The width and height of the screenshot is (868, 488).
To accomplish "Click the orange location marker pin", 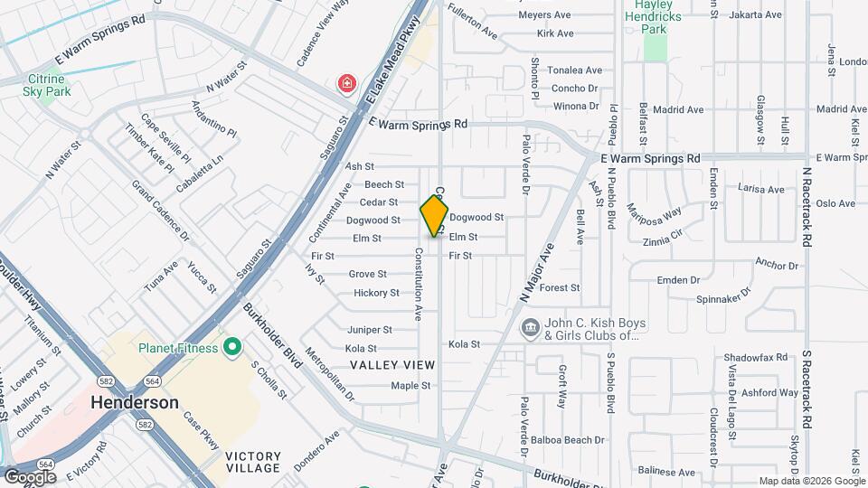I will [435, 215].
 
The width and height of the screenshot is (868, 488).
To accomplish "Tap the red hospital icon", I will [346, 85].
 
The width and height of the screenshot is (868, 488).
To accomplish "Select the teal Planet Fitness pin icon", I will [232, 347].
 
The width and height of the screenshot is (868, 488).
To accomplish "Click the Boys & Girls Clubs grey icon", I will [531, 326].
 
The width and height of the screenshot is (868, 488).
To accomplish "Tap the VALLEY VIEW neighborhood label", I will [393, 365].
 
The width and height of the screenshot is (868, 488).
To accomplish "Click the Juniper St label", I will [370, 331].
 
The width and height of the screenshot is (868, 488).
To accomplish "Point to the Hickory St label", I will [376, 293].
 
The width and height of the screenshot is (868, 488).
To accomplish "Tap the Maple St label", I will [410, 386].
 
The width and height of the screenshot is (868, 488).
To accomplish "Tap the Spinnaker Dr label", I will [724, 296].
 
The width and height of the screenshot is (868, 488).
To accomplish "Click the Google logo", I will [30, 477].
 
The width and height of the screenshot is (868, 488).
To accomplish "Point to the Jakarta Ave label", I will [757, 15].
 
